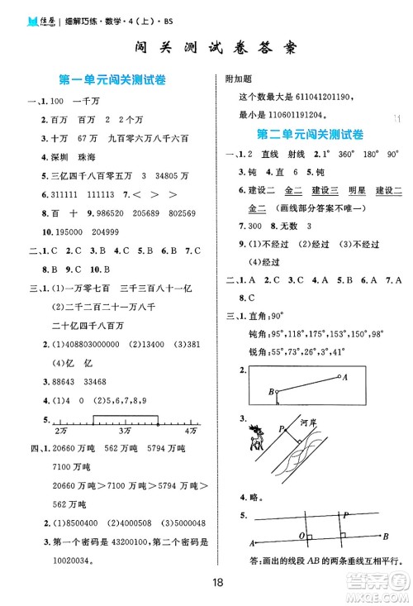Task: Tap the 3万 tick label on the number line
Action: (125, 432)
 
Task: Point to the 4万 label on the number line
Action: (191, 432)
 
